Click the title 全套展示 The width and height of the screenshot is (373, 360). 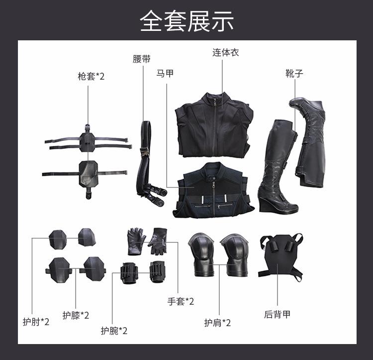click(x=186, y=21)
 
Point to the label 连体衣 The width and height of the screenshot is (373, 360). click(x=226, y=52)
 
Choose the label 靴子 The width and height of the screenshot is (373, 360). click(x=294, y=74)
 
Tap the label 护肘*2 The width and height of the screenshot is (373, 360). click(x=36, y=322)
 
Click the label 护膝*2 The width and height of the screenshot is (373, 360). click(x=76, y=315)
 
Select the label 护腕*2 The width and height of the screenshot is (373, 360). click(x=114, y=331)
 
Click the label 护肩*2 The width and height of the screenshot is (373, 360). click(x=217, y=323)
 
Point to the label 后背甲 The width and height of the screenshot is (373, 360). click(x=277, y=314)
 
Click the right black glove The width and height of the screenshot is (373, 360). click(x=159, y=240)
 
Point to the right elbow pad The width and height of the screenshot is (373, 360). click(x=87, y=237)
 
